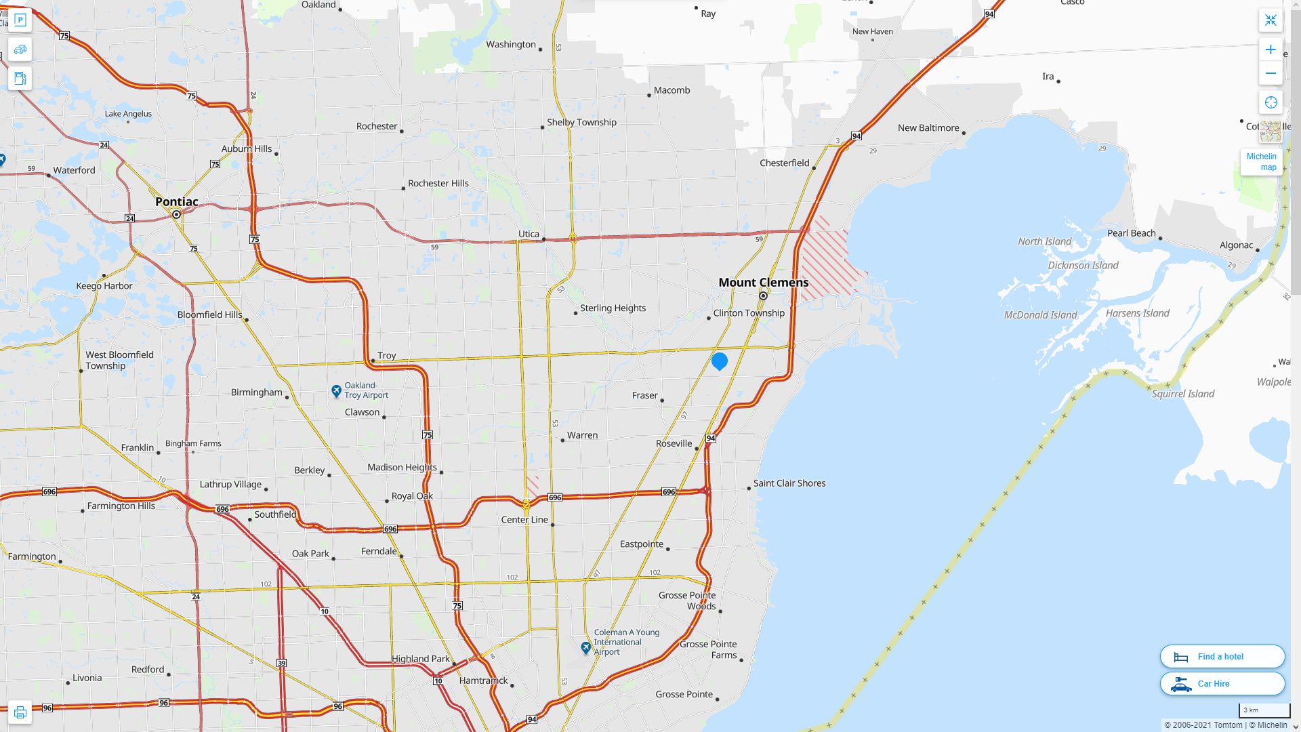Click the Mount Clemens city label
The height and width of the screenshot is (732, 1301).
coord(763,283)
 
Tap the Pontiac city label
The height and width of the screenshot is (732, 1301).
coord(177,202)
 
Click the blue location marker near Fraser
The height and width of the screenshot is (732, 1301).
coord(720,361)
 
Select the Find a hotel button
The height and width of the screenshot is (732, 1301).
coord(1222,657)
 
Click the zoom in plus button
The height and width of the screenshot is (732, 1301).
coord(1271,49)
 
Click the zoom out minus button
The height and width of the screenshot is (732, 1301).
coord(1271,73)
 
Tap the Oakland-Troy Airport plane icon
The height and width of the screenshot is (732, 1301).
coord(336,391)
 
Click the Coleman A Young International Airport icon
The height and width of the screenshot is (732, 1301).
coord(586,648)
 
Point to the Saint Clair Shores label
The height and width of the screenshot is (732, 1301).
coord(789,483)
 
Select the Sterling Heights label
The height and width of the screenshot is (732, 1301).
coord(613,308)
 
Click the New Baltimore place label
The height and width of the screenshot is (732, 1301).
coord(928,128)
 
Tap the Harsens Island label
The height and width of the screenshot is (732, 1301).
coord(1137,313)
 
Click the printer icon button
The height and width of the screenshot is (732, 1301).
coord(20,712)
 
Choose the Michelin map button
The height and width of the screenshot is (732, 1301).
coord(1261,162)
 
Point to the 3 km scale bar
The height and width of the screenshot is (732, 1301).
coord(1264,710)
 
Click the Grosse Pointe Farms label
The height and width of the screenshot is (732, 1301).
coord(708,649)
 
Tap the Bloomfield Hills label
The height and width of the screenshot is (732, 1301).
coord(209,314)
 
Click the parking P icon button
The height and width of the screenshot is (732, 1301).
coord(20,20)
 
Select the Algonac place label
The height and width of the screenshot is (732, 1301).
coord(1236,245)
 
